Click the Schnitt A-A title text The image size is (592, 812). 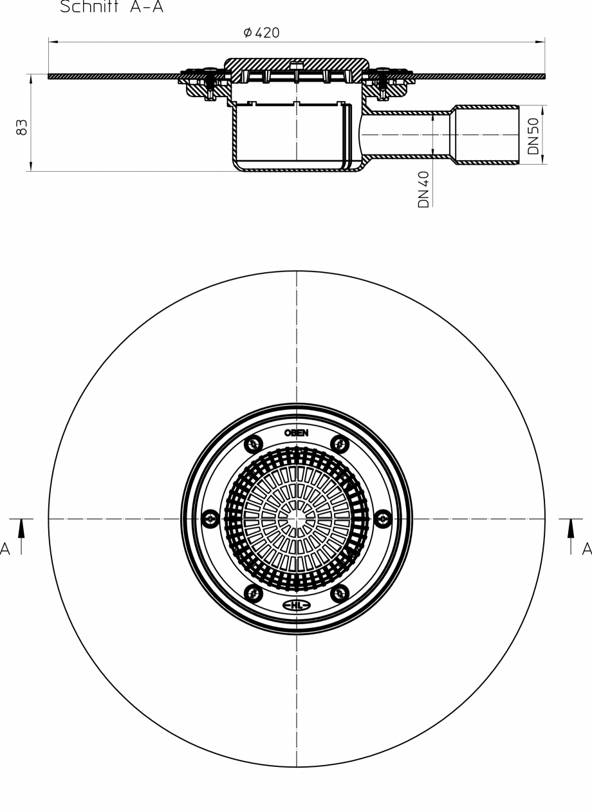[x=111, y=8]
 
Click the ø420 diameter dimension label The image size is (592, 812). [x=262, y=33]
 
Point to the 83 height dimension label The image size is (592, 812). [x=22, y=127]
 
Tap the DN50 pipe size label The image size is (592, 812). [x=533, y=136]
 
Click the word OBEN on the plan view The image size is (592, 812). [x=297, y=433]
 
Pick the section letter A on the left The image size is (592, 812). [x=5, y=549]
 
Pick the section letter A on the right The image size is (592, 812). [x=586, y=549]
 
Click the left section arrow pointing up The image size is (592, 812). [x=21, y=529]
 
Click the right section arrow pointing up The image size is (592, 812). [x=571, y=529]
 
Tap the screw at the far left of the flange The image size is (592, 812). [x=210, y=519]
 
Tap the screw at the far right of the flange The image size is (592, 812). [x=383, y=519]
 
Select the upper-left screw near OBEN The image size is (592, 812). [x=254, y=444]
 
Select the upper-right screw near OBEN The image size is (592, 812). [x=340, y=444]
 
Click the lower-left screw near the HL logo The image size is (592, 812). [x=254, y=593]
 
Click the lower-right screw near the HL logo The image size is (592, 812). [x=340, y=593]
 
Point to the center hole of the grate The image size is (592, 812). [x=297, y=519]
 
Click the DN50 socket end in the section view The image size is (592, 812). [x=487, y=134]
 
